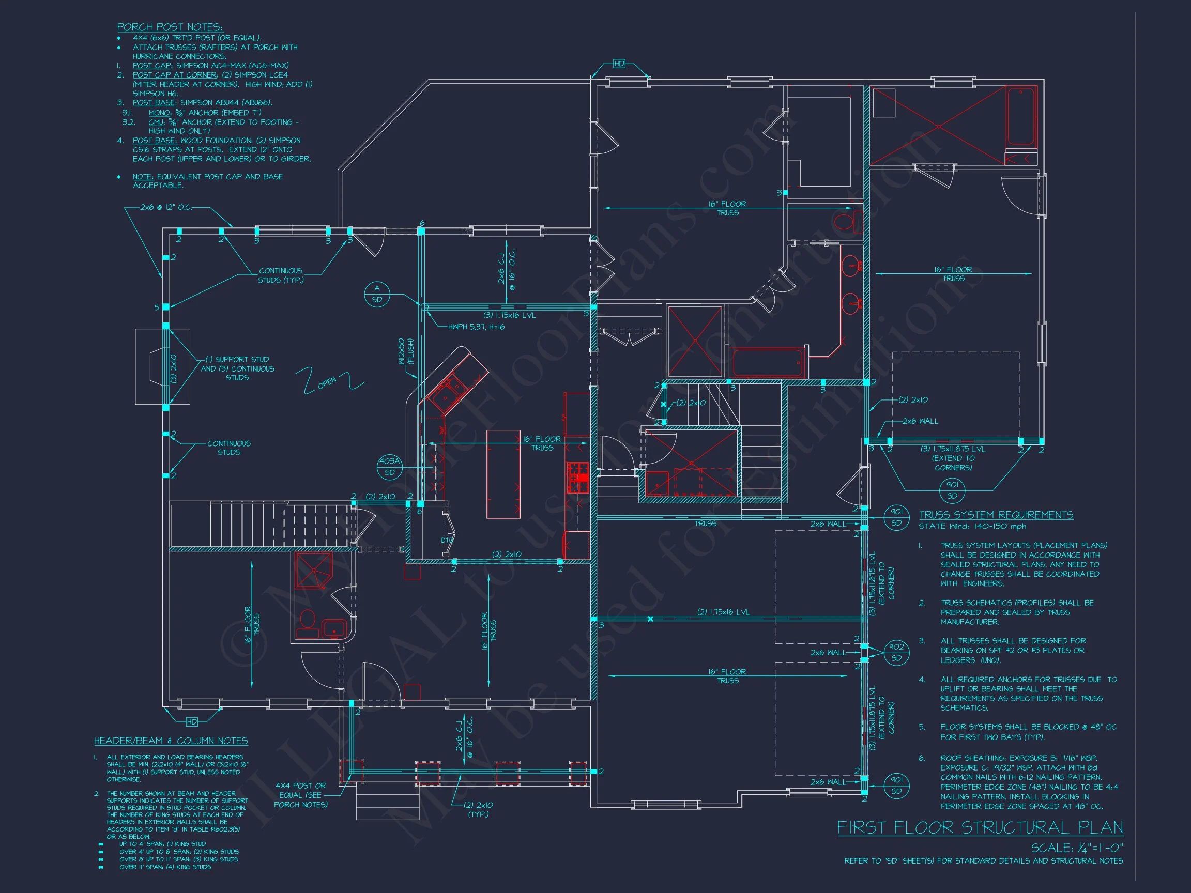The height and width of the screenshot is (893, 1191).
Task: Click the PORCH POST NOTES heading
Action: pyautogui.click(x=170, y=27)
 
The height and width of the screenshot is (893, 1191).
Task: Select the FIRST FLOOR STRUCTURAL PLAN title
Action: pyautogui.click(x=980, y=827)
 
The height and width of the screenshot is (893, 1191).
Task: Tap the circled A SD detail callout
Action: pyautogui.click(x=377, y=294)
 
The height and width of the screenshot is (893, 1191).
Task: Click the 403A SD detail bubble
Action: pyautogui.click(x=389, y=467)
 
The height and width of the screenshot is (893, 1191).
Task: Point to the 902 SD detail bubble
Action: pyautogui.click(x=896, y=652)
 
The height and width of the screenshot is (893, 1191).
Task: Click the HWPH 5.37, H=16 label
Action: pyautogui.click(x=476, y=327)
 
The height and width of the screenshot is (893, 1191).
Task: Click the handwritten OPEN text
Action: pyautogui.click(x=327, y=383)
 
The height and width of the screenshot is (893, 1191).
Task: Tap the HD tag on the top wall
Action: pyautogui.click(x=619, y=64)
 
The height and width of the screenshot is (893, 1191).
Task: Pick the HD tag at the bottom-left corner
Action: pyautogui.click(x=192, y=722)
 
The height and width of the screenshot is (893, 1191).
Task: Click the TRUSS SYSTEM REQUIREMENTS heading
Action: pyautogui.click(x=996, y=515)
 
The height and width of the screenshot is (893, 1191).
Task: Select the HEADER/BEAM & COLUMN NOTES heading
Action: pyautogui.click(x=171, y=741)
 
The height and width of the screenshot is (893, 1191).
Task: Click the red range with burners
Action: pyautogui.click(x=578, y=477)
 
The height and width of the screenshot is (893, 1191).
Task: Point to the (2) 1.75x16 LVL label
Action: pyautogui.click(x=723, y=612)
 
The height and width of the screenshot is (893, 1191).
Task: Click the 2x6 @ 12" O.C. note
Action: pyautogui.click(x=165, y=207)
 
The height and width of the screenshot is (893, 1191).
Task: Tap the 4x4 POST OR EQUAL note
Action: pyautogui.click(x=300, y=794)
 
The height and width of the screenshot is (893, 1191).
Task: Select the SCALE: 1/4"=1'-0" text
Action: pyautogui.click(x=1077, y=848)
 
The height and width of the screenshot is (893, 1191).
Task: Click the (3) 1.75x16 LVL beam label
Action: pyautogui.click(x=509, y=315)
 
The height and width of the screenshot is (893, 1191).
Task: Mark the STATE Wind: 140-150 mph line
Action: pyautogui.click(x=972, y=527)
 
